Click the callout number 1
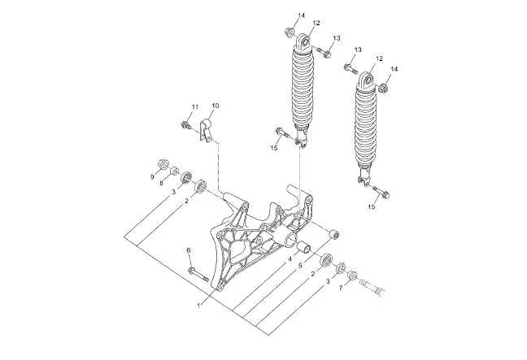[x=198, y=306]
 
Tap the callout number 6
[x=189, y=250]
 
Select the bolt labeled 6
[x=198, y=275]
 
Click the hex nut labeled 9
[x=163, y=164]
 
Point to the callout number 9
[x=152, y=176]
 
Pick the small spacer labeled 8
[x=174, y=171]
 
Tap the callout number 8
[x=162, y=183]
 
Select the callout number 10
[x=216, y=106]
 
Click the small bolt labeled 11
[x=185, y=126]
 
